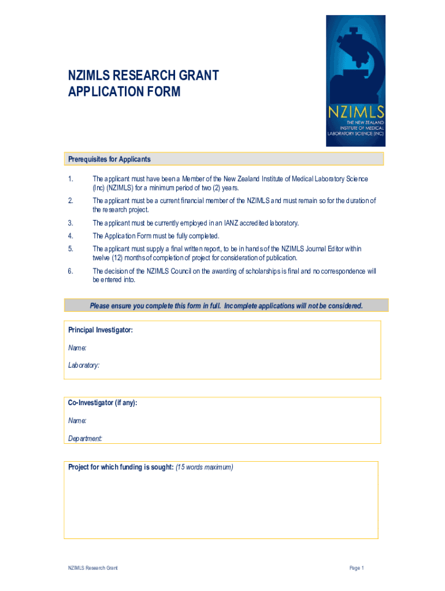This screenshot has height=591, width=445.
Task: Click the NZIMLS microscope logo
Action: click(355, 80)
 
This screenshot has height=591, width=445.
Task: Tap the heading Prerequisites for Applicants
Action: click(109, 159)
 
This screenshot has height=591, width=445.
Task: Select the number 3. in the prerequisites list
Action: click(70, 223)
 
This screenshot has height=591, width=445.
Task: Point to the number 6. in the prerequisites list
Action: click(70, 271)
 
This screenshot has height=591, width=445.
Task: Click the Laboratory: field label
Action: click(84, 365)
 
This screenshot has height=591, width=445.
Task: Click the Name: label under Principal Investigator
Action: click(77, 348)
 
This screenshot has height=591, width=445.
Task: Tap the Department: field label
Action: click(86, 439)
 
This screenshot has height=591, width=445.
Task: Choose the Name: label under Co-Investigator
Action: click(77, 421)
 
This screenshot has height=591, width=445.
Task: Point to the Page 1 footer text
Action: click(357, 568)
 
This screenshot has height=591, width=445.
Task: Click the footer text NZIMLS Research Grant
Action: click(92, 568)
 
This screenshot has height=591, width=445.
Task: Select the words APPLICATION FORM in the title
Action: click(124, 92)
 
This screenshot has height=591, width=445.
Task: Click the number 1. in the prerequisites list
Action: click(70, 179)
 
